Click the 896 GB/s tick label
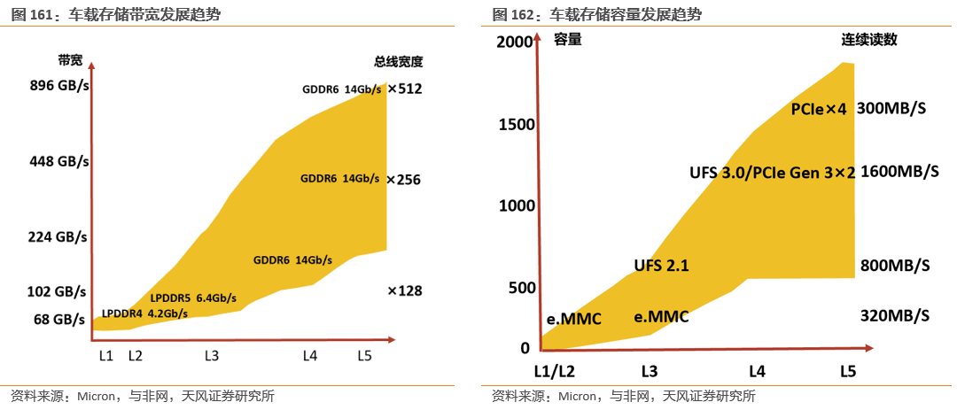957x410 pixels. (59, 86)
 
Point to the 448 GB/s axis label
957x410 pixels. (59, 161)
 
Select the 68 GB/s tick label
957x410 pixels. (60, 319)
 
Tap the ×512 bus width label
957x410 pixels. (404, 89)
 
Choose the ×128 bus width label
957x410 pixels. (404, 290)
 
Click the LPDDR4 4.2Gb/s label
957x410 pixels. (144, 313)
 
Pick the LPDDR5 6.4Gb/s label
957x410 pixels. (193, 298)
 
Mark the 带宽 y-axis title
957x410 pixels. (70, 60)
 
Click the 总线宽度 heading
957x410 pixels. (398, 62)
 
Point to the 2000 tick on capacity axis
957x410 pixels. (515, 42)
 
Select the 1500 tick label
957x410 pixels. (517, 124)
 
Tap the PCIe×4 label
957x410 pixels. (819, 109)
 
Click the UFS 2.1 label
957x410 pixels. (661, 265)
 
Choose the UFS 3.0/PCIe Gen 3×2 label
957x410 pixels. (772, 173)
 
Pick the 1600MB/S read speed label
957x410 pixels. (899, 172)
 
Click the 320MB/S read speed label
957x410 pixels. (895, 315)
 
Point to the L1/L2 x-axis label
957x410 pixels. (555, 371)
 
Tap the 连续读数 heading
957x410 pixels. (869, 40)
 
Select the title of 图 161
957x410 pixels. (115, 14)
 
